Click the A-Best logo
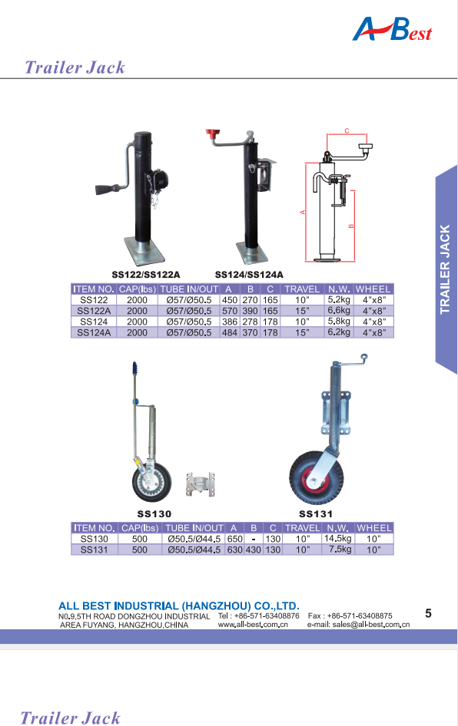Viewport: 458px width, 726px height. tap(392, 30)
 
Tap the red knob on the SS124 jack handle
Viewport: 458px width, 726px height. tap(213, 136)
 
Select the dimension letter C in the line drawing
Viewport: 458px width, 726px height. tap(347, 131)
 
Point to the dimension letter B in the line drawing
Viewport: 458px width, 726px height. tap(351, 226)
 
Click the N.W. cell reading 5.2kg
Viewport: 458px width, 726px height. tap(339, 299)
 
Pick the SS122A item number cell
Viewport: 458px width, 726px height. tap(94, 311)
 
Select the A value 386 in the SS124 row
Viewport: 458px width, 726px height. tap(230, 322)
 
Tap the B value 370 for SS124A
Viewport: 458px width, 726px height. tap(250, 332)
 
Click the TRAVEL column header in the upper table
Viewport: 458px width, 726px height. tap(302, 289)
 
